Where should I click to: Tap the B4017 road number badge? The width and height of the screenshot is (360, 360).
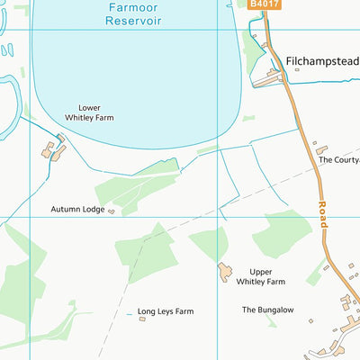point(265,4)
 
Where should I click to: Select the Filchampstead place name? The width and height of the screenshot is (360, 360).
point(322,62)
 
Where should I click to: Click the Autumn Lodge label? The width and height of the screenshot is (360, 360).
point(76,209)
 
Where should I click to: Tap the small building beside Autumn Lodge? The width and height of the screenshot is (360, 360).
point(111,211)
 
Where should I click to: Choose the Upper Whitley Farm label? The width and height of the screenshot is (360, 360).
point(260,276)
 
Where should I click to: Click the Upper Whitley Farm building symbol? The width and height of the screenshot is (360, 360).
point(224,271)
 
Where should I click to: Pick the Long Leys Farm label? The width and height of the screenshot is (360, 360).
point(166,311)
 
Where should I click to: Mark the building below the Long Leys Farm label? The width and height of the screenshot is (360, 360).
point(142,318)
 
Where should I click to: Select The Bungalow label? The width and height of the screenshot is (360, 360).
point(267,310)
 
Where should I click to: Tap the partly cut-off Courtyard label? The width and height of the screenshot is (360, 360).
point(339,160)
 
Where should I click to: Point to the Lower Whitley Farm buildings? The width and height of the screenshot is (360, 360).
point(53,150)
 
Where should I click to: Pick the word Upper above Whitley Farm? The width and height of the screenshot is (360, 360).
point(261,271)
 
